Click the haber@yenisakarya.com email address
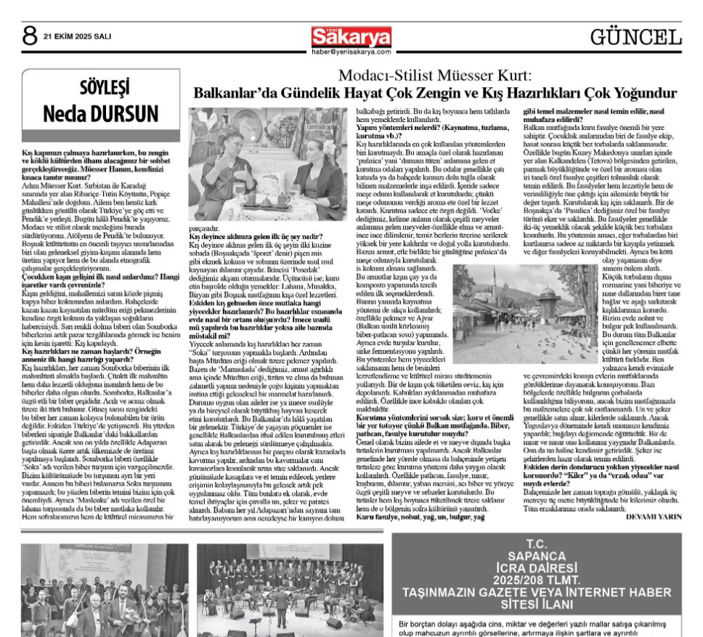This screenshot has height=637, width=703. coord(351,52)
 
